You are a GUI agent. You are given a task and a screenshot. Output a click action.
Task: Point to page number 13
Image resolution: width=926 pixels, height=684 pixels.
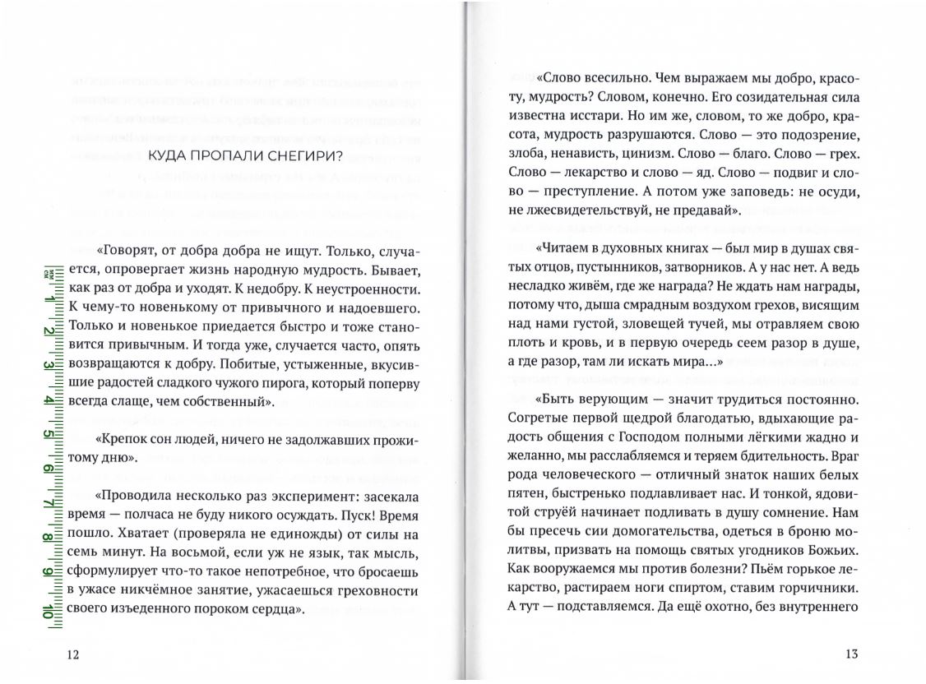[x=851, y=654]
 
